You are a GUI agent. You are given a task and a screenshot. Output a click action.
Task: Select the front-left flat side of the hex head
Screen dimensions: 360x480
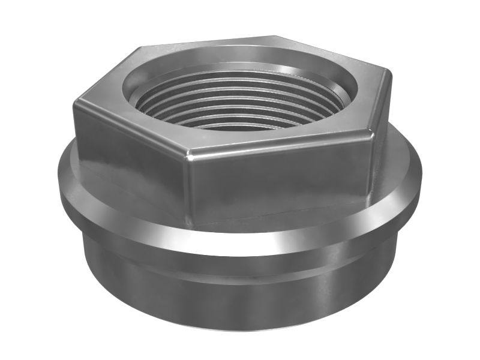click(129, 162)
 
